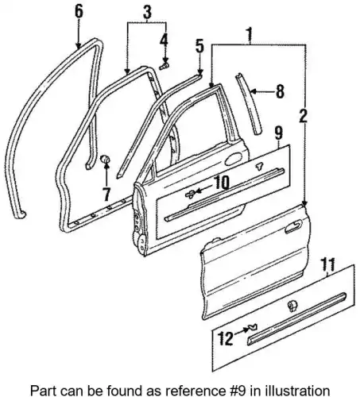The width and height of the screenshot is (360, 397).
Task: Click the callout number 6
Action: click(79, 12)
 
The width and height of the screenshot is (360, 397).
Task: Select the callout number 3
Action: click(147, 12)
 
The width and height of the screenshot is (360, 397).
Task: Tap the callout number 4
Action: click(164, 40)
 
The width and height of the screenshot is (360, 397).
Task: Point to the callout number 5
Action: click(199, 45)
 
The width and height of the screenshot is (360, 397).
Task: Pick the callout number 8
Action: click(280, 91)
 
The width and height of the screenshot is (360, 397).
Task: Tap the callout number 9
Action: click(279, 133)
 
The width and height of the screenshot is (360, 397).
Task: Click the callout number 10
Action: click(221, 183)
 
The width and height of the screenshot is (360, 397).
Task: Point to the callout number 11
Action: click(327, 264)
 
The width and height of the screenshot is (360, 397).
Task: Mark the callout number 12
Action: click(226, 338)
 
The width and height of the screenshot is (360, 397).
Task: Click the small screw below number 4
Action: click(165, 66)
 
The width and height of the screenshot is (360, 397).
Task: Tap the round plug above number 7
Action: click(105, 159)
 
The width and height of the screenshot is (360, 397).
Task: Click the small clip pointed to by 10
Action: click(190, 194)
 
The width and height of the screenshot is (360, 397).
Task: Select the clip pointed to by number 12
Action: click(253, 328)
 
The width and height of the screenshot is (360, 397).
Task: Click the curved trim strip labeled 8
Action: click(249, 105)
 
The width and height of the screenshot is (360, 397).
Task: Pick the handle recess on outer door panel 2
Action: click(293, 227)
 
